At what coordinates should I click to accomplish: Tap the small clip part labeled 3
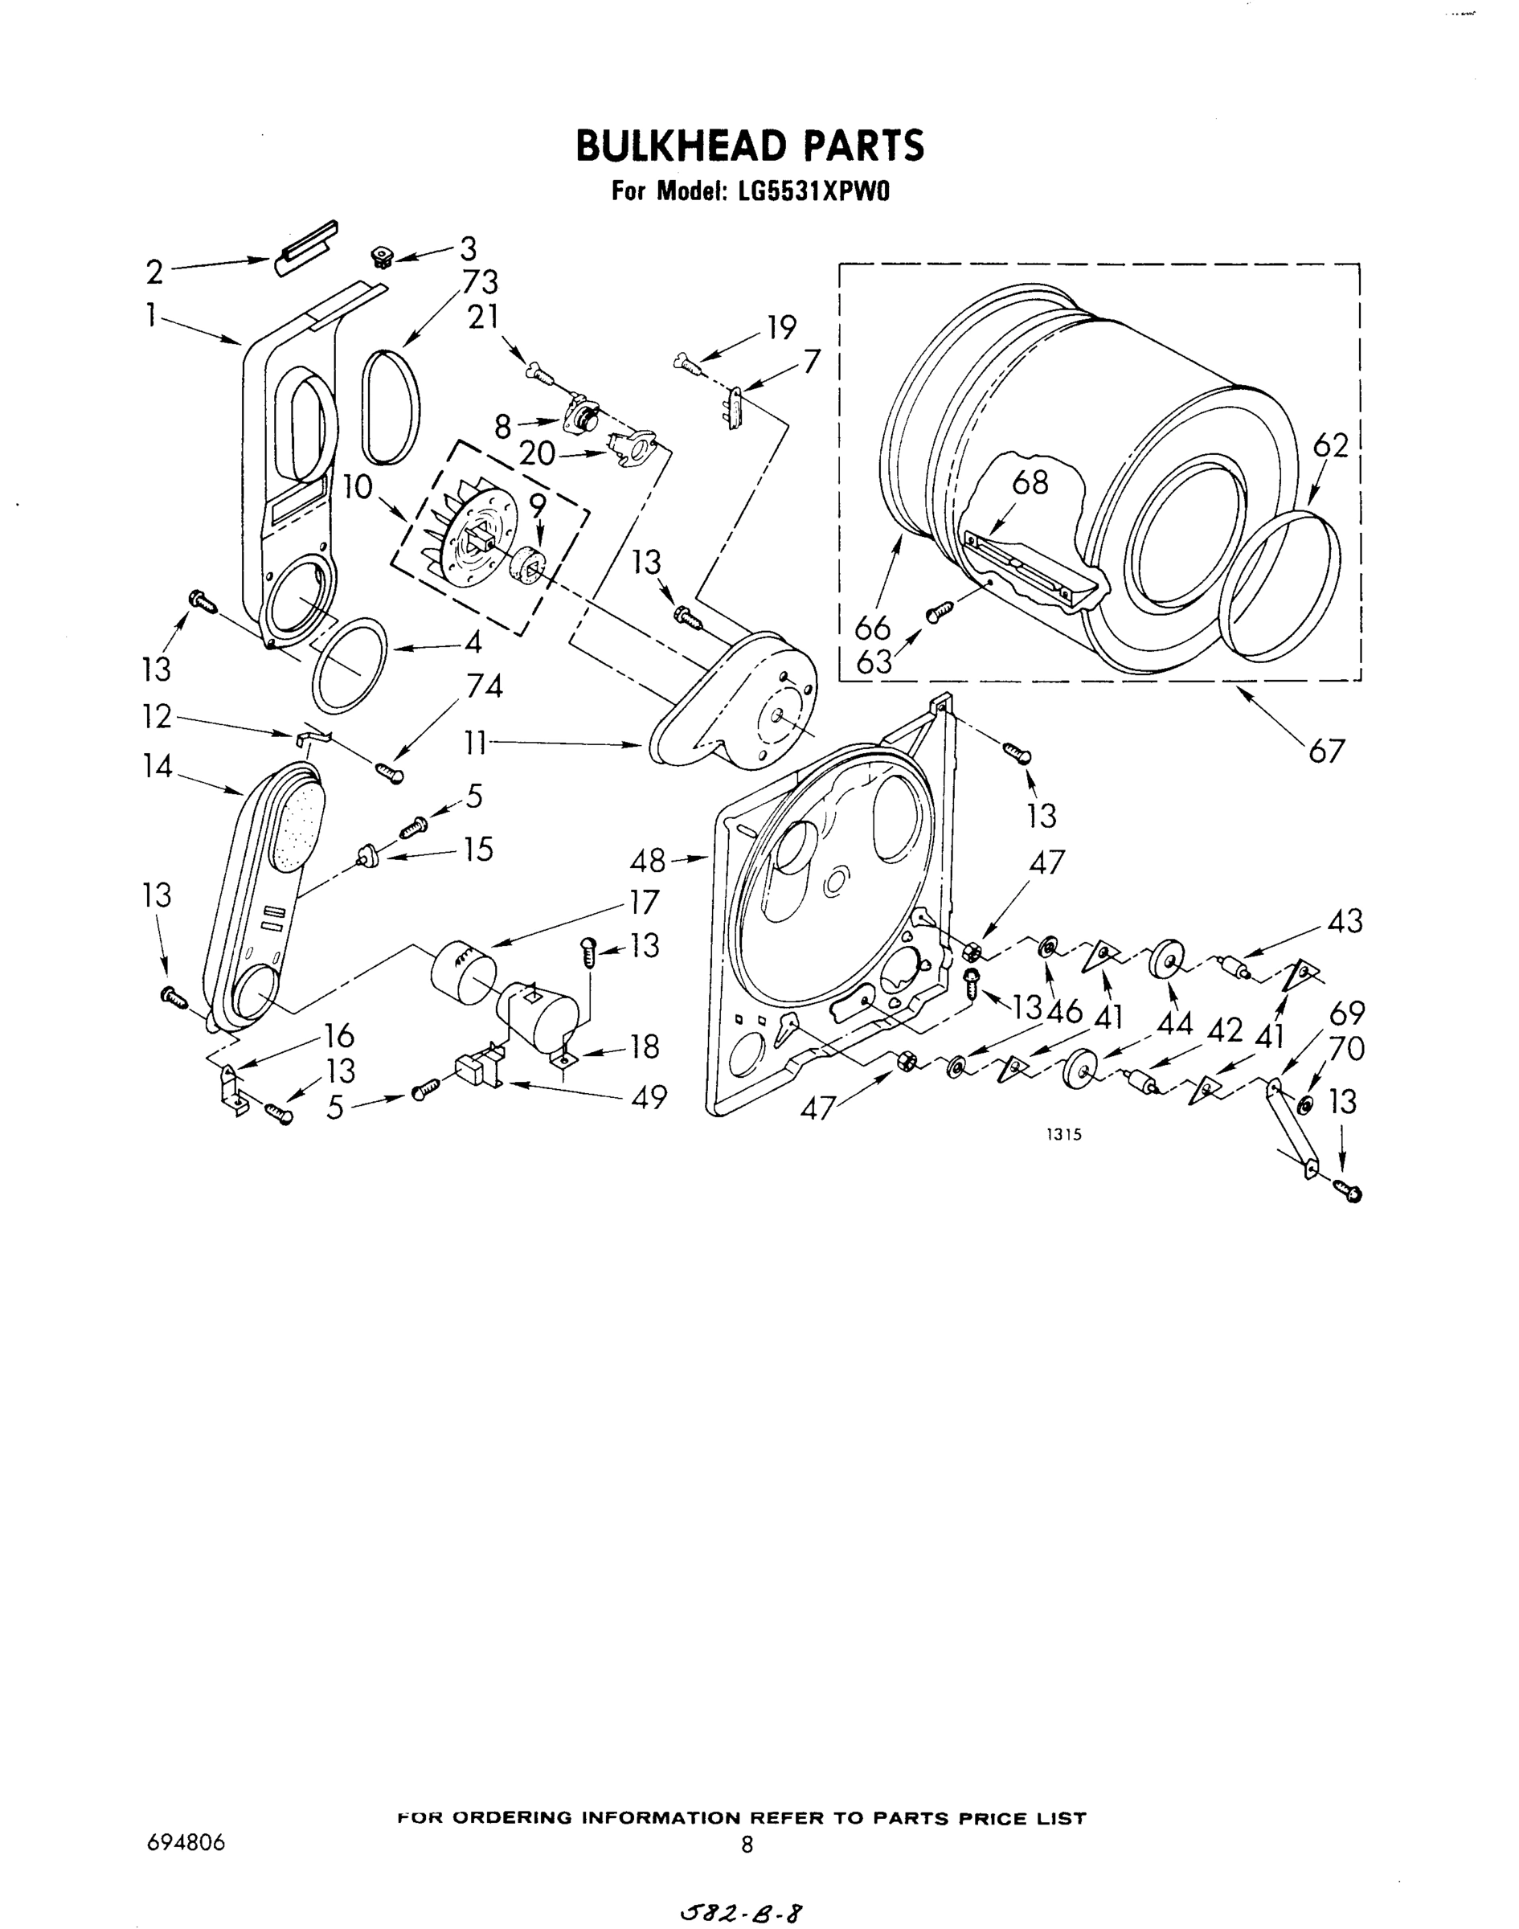pos(382,259)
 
